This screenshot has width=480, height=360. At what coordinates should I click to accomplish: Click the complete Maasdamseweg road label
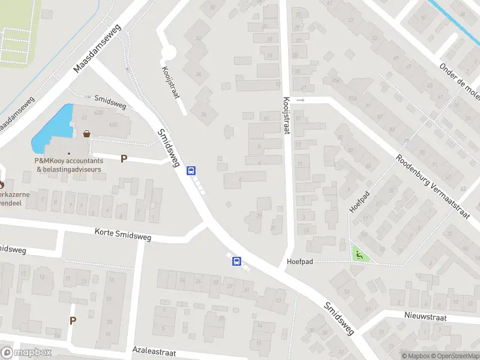(x=97, y=49)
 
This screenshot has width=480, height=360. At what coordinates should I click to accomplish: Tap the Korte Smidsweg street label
(x=123, y=234)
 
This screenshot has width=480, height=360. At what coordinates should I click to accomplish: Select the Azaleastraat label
(x=157, y=349)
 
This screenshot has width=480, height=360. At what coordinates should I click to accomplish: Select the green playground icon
(x=359, y=255)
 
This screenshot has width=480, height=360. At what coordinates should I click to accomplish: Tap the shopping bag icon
(x=88, y=134)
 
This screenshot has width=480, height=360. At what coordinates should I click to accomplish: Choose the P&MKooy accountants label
(x=69, y=165)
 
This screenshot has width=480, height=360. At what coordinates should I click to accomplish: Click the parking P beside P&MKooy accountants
(x=124, y=159)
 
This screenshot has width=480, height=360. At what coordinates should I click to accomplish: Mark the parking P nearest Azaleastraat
(x=73, y=320)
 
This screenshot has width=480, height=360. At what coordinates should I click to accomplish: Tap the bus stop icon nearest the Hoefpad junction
(x=237, y=261)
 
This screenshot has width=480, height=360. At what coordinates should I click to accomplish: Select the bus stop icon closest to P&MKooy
(x=191, y=170)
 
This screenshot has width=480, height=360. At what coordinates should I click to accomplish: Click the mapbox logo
(x=26, y=353)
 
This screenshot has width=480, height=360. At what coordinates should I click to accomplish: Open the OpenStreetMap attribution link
(x=454, y=356)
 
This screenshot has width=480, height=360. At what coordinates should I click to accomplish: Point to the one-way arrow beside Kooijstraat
(x=301, y=100)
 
